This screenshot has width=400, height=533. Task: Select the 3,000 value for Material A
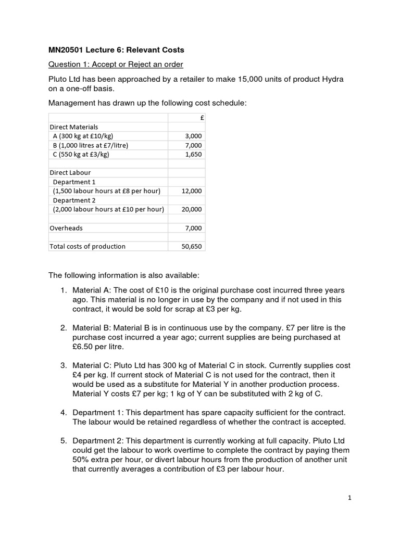point(193,136)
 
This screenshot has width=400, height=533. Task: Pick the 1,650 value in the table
point(193,155)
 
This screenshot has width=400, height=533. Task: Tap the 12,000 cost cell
point(191,191)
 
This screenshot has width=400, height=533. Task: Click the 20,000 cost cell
point(191,209)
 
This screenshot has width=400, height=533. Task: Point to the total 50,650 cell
point(191,246)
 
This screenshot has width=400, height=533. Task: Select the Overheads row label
point(66,228)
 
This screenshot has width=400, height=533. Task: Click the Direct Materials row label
point(73,126)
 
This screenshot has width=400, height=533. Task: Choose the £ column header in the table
point(202,118)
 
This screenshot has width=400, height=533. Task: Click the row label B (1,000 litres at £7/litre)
point(90,145)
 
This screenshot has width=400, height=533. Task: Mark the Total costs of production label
point(87,246)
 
